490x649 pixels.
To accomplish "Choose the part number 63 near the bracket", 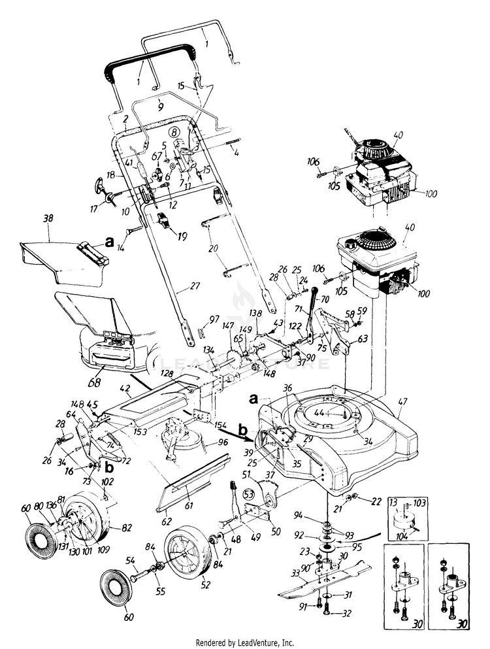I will (x=363, y=339).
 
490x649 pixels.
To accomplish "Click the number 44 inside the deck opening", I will (x=338, y=413).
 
